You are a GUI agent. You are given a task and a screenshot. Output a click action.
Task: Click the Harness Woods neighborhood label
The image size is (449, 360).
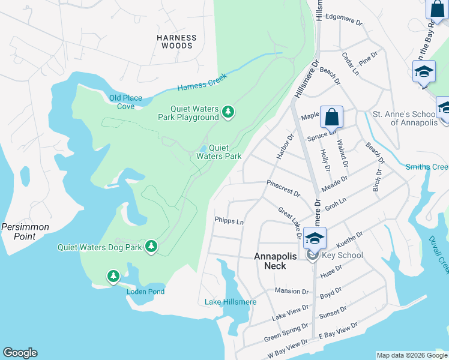[177, 41]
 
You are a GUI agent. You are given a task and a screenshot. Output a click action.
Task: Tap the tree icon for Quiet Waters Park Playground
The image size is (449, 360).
[228, 112]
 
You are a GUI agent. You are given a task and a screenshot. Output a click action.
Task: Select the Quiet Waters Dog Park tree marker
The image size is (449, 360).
[151, 246]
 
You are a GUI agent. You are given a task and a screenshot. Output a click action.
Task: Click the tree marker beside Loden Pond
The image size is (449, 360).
[113, 276]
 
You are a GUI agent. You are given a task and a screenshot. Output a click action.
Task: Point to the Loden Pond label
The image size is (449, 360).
[145, 292]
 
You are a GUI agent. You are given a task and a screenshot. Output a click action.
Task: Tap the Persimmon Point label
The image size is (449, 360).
[25, 232]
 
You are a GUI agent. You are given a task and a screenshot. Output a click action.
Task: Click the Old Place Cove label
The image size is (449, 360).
[122, 102]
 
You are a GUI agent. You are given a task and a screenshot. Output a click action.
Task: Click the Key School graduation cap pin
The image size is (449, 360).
[315, 238]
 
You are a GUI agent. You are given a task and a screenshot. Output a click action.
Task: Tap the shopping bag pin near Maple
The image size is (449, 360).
[331, 116]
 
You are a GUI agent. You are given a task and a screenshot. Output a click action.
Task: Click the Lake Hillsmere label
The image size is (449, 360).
[231, 302]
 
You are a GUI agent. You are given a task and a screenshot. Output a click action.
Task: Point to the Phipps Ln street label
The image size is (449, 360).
[229, 221]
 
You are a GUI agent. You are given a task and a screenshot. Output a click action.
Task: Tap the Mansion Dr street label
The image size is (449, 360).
[291, 291]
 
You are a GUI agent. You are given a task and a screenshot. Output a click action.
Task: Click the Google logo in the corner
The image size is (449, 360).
[20, 353]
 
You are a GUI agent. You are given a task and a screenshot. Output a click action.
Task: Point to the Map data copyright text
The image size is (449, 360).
[411, 355]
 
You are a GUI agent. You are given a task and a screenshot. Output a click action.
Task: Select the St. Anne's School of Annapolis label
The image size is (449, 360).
[402, 118]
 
